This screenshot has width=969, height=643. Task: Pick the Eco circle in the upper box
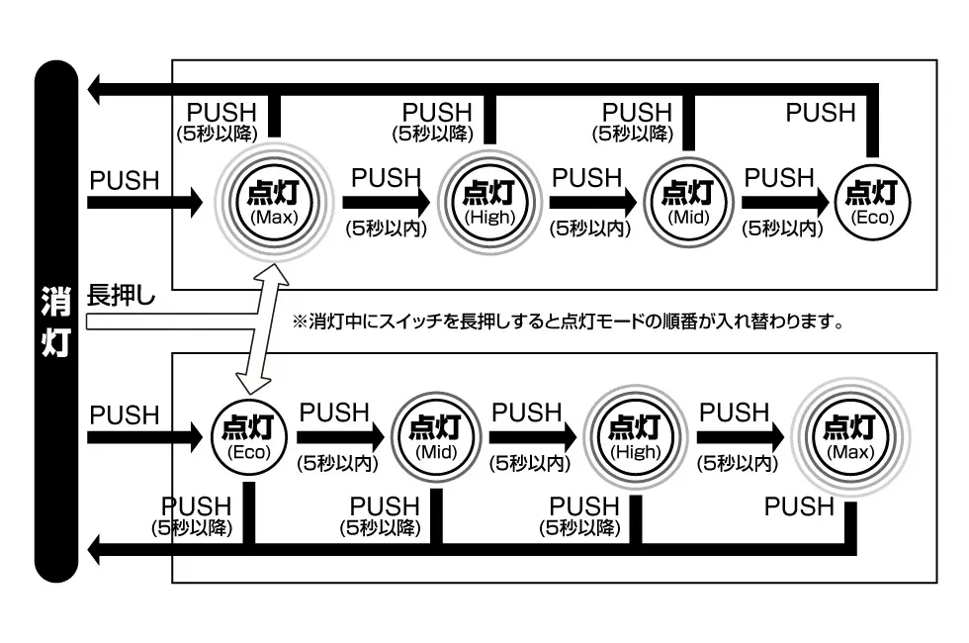[x=873, y=202]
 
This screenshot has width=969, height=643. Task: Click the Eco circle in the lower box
[x=248, y=436]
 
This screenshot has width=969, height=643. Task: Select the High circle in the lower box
[x=634, y=436]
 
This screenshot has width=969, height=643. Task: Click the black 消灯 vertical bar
[x=55, y=321]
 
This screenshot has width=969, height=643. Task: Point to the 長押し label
[x=122, y=295]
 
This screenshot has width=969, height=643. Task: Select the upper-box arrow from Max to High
[x=386, y=203]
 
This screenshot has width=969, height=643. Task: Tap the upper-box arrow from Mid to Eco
[x=783, y=203]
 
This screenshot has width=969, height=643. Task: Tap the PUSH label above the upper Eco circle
[x=820, y=113]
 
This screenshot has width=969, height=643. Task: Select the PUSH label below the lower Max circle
[x=799, y=506]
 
